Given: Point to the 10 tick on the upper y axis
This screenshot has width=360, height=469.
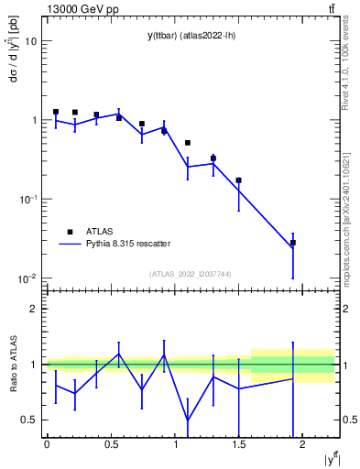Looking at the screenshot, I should coord(31,41).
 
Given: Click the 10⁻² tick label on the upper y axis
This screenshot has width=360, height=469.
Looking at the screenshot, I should coord(27,278).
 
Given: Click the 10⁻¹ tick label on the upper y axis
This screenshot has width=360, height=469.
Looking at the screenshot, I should coord(27,200).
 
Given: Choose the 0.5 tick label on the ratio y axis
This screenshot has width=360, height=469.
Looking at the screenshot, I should coord(30,420).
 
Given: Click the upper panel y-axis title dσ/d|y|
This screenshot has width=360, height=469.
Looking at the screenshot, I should coord(12,55).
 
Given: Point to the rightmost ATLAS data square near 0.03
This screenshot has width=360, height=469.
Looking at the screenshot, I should coord(293,243).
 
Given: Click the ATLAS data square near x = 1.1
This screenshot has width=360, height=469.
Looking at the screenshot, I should coord(188,143).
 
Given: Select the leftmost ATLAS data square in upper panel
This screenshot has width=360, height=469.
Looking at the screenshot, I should coord(56,112).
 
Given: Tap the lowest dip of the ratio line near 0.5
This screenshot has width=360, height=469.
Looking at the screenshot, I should coord(188,420).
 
